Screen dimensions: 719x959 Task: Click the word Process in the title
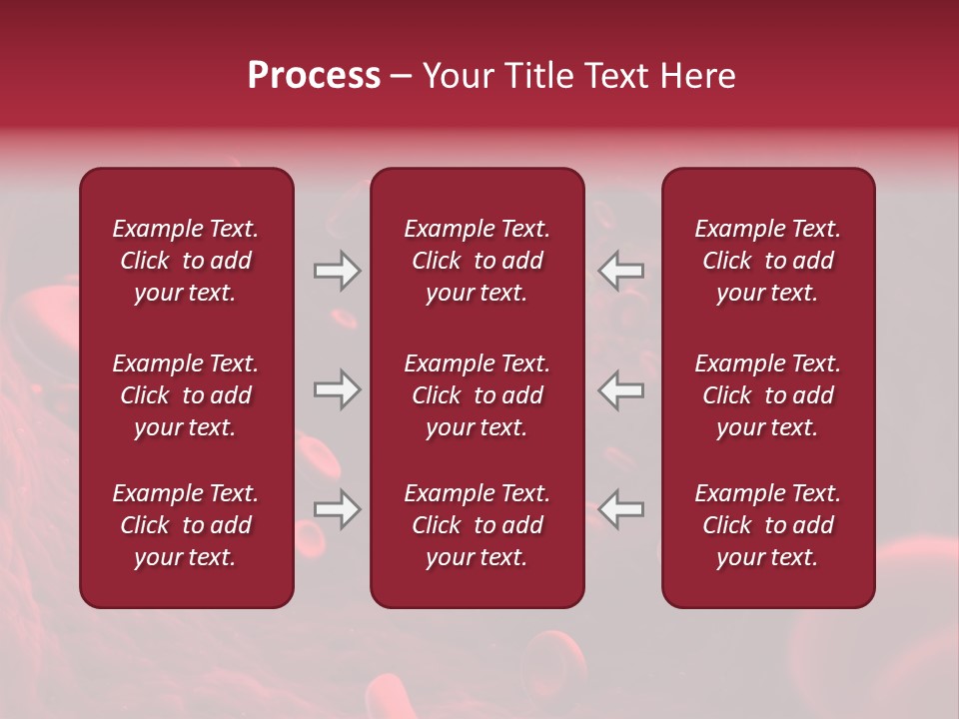(x=314, y=76)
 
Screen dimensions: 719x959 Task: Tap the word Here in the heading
(x=696, y=76)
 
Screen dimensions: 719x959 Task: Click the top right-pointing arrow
(x=337, y=271)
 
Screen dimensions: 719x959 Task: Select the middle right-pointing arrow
(x=337, y=389)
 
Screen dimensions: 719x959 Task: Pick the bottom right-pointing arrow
(x=337, y=509)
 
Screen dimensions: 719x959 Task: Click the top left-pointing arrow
(x=621, y=271)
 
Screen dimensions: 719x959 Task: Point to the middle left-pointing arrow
(x=621, y=389)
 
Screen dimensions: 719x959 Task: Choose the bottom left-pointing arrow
(x=621, y=509)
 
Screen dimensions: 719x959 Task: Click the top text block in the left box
(x=186, y=261)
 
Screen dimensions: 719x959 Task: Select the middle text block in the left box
(x=186, y=395)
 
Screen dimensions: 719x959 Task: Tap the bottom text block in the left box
(x=186, y=525)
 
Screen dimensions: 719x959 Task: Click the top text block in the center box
(x=478, y=261)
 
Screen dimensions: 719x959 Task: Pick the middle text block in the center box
(x=478, y=395)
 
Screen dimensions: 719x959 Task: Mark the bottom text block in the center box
(x=478, y=525)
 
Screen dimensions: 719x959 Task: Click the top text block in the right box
(x=768, y=261)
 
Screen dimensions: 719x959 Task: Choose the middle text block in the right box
(x=768, y=395)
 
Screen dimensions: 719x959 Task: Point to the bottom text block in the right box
(x=768, y=525)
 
